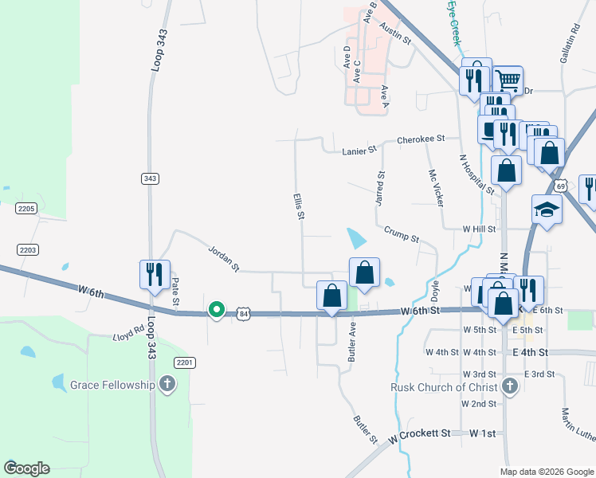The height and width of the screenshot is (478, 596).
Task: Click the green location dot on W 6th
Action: tap(216, 309)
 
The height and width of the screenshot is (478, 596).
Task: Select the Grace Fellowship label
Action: tap(112, 385)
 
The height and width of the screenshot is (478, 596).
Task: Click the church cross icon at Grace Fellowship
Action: tap(167, 386)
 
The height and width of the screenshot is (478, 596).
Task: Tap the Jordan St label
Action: tap(223, 258)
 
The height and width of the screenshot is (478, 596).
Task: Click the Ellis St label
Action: tap(300, 206)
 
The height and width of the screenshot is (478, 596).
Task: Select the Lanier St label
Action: tap(359, 150)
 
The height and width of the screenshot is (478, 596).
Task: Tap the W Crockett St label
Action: tap(420, 436)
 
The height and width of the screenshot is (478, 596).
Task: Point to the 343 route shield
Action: tap(150, 178)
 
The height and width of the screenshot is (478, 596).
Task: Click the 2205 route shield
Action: tap(26, 208)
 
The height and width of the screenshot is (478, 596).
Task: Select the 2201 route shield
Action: tap(185, 362)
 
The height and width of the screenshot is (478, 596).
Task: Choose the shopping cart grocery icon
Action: tap(508, 79)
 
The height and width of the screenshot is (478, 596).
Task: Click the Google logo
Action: tap(26, 468)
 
